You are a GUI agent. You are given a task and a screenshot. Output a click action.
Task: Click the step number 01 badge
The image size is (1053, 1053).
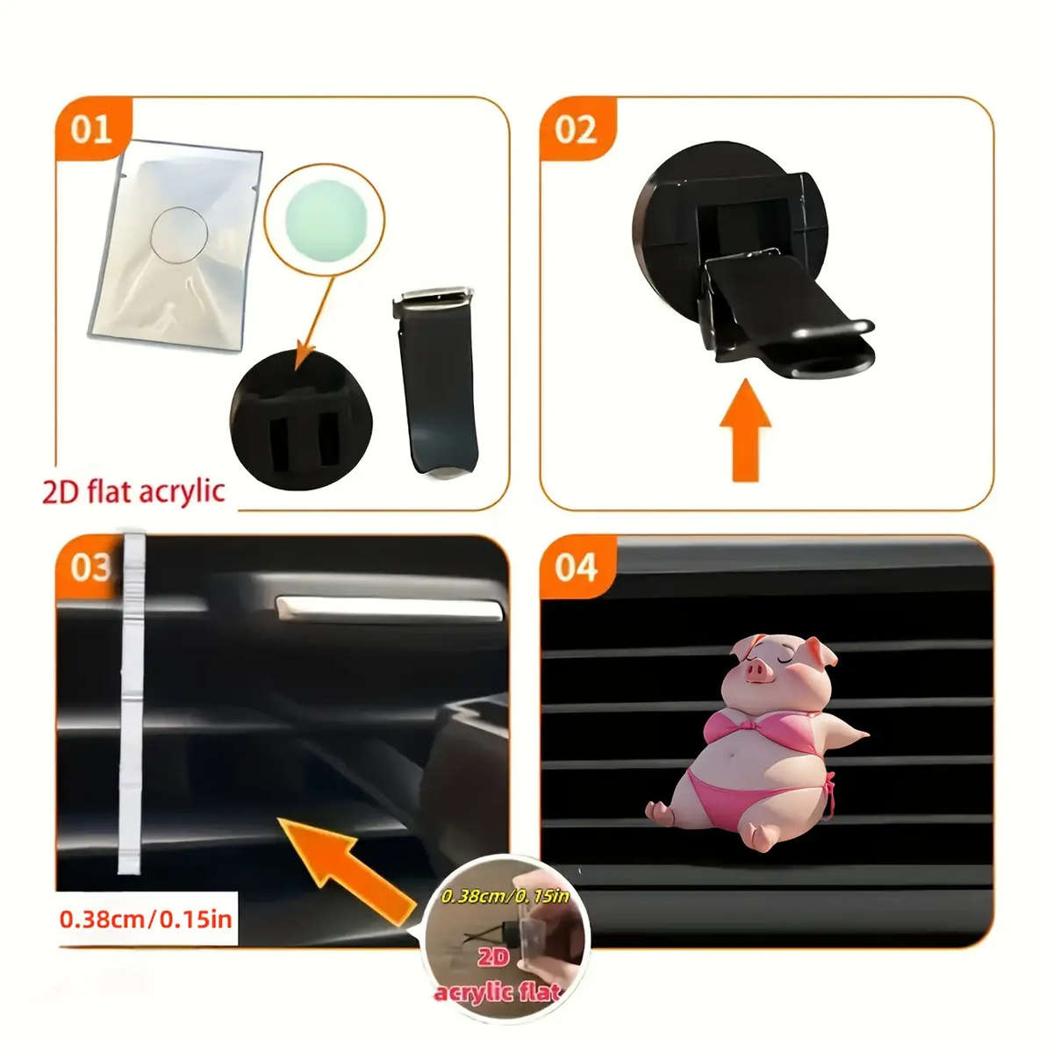pyautogui.click(x=92, y=130)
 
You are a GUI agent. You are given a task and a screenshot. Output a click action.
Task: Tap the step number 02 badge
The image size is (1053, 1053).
pyautogui.click(x=577, y=130)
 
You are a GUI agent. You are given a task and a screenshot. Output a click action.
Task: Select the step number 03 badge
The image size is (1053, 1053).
pyautogui.click(x=90, y=569)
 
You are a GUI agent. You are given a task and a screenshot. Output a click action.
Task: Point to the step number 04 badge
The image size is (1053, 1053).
pyautogui.click(x=577, y=569)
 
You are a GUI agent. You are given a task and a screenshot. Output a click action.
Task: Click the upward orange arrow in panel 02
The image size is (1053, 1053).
pyautogui.click(x=745, y=430)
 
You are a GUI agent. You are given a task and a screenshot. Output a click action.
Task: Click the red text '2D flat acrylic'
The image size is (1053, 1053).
pyautogui.click(x=134, y=491)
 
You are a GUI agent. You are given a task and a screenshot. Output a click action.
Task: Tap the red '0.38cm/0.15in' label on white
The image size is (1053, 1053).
pyautogui.click(x=146, y=919)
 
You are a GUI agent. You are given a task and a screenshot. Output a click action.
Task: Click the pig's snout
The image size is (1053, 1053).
pyautogui.click(x=757, y=670)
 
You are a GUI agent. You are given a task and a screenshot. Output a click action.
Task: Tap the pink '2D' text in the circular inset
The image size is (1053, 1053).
pyautogui.click(x=493, y=958)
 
